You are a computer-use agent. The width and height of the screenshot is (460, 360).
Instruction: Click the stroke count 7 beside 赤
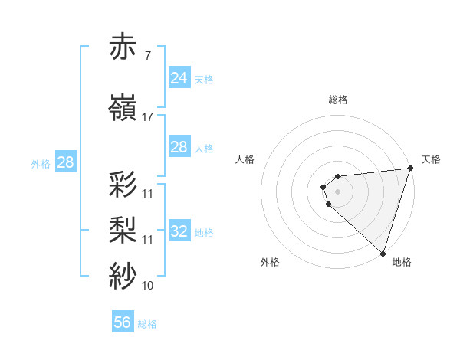click(148, 57)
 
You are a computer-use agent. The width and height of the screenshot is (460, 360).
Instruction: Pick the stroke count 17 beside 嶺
click(148, 117)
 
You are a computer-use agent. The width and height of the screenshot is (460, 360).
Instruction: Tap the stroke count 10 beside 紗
click(148, 286)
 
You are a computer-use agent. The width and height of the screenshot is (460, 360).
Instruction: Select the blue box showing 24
click(179, 77)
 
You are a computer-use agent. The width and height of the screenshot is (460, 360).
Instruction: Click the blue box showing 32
click(179, 231)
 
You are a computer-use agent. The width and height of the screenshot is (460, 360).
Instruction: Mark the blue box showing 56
click(123, 322)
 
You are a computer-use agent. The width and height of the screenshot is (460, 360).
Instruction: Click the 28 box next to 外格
click(65, 162)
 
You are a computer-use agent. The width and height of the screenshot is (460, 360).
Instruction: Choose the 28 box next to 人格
click(179, 147)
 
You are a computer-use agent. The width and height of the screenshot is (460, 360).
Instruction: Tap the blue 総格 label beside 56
click(147, 324)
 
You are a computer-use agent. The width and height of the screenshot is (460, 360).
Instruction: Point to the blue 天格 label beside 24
click(203, 79)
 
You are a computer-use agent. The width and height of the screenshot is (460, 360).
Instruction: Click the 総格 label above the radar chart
click(338, 100)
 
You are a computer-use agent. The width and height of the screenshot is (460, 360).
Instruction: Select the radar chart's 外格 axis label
click(270, 262)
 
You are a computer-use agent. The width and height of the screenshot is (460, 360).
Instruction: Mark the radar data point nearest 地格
click(383, 253)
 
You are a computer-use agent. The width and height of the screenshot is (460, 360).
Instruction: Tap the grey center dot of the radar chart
click(338, 191)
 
